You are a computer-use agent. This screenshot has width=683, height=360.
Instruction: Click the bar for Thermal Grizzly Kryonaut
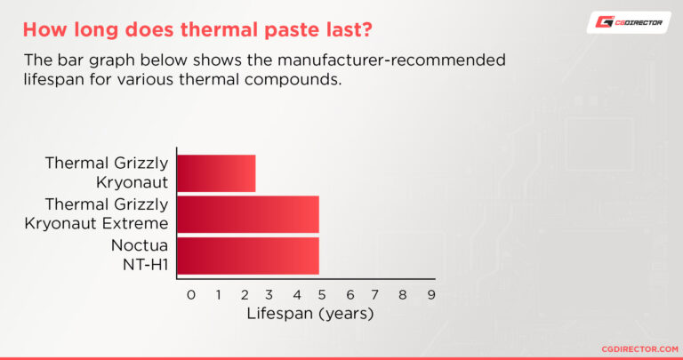216,173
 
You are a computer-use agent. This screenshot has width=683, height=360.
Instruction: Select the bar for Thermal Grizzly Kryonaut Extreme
247,214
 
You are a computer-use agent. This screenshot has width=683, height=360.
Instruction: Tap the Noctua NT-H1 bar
247,255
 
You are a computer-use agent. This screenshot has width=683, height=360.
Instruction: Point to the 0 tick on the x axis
190,294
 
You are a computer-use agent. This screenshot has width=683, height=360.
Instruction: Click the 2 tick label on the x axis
245,294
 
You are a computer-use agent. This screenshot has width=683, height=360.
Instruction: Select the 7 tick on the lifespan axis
376,294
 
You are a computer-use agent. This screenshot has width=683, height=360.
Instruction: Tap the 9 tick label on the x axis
430,294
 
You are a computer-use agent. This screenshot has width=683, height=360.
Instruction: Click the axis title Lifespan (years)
310,314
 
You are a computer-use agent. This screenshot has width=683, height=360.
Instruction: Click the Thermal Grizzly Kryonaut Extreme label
98,212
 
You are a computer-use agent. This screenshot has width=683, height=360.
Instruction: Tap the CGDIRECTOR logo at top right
629,23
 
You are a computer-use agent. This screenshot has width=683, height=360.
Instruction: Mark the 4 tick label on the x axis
297,294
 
